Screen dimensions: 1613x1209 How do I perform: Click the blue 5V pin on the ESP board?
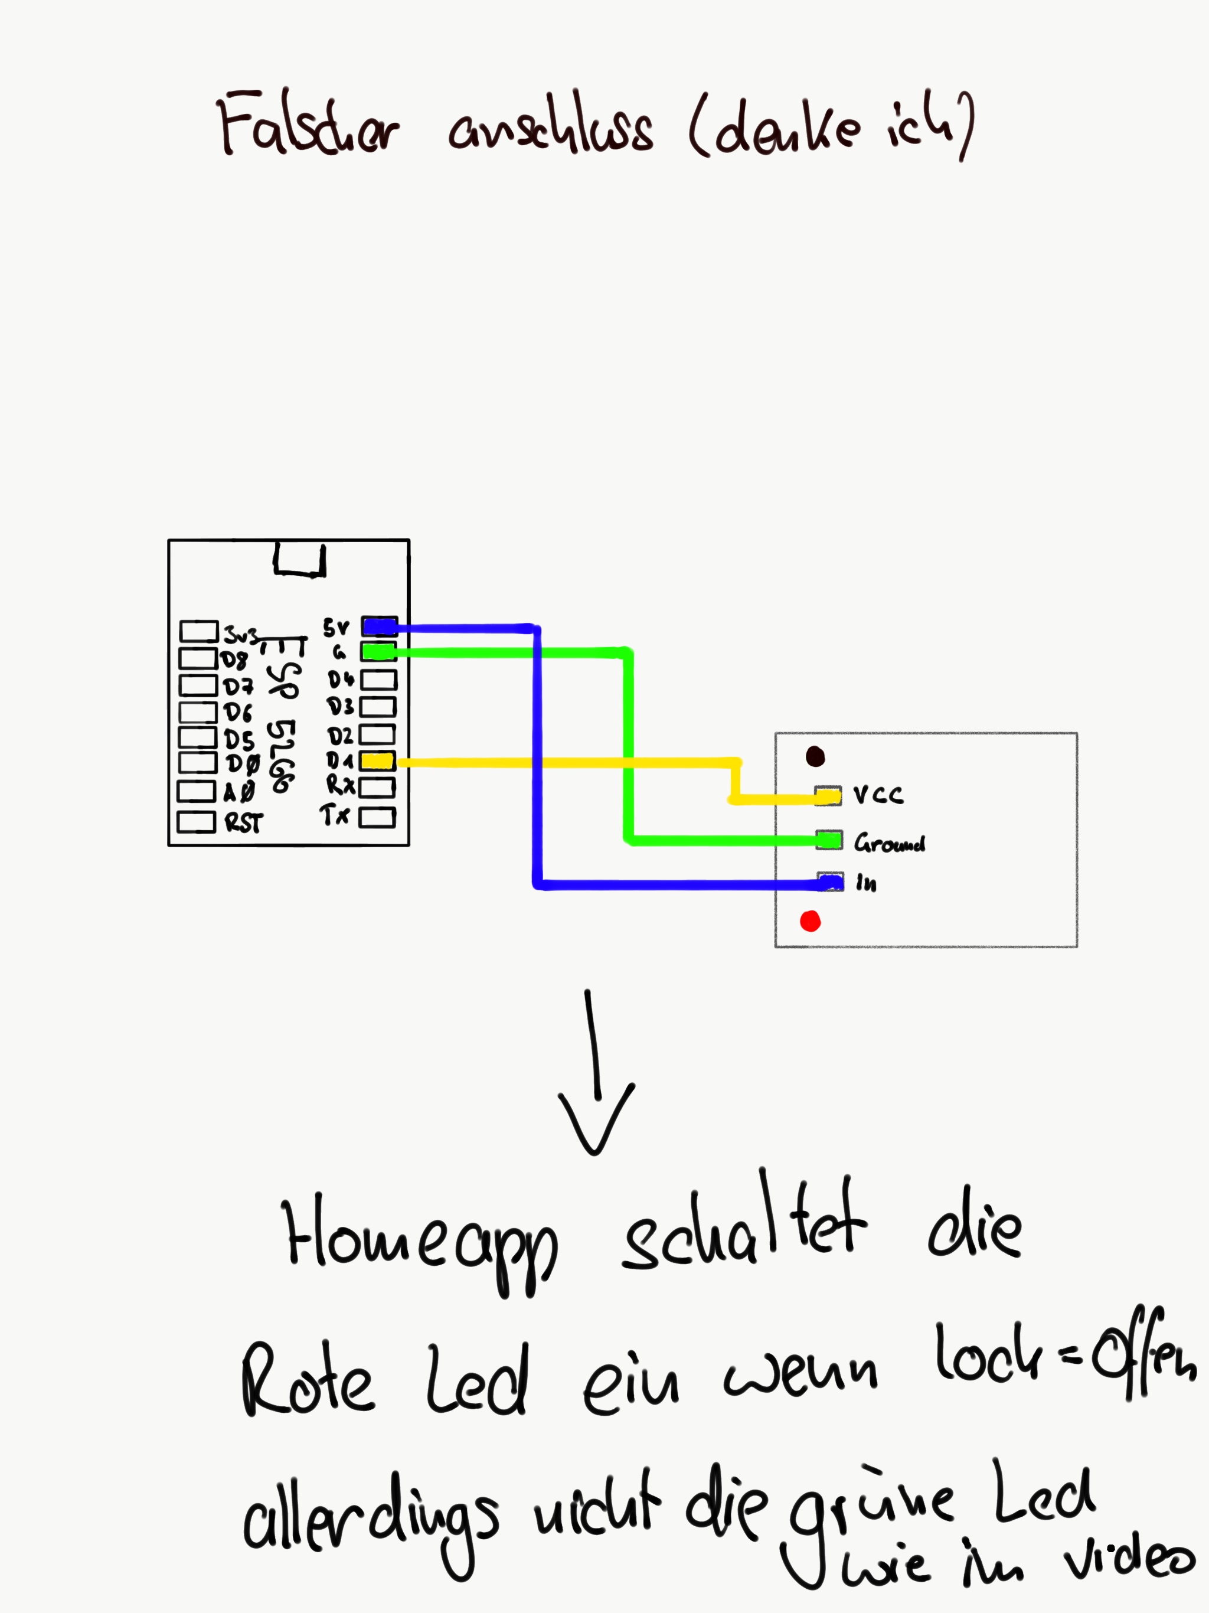tap(379, 626)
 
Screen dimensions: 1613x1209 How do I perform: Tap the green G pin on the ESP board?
tap(379, 651)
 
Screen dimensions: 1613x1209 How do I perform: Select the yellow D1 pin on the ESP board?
tap(378, 761)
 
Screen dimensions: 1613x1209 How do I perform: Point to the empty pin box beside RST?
tap(196, 822)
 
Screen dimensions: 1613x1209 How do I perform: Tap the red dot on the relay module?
tap(810, 922)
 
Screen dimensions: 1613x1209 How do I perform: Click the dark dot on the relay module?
tap(815, 757)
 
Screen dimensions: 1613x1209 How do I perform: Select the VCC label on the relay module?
tap(878, 795)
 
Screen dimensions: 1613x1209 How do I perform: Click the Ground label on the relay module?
tap(890, 844)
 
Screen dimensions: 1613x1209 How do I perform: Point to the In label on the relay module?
tap(866, 884)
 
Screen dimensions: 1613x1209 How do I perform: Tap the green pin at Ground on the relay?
tap(829, 840)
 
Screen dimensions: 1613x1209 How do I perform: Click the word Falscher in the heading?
tap(307, 125)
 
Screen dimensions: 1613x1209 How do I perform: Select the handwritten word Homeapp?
tap(420, 1244)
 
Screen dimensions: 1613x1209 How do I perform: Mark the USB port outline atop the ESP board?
tap(299, 561)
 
